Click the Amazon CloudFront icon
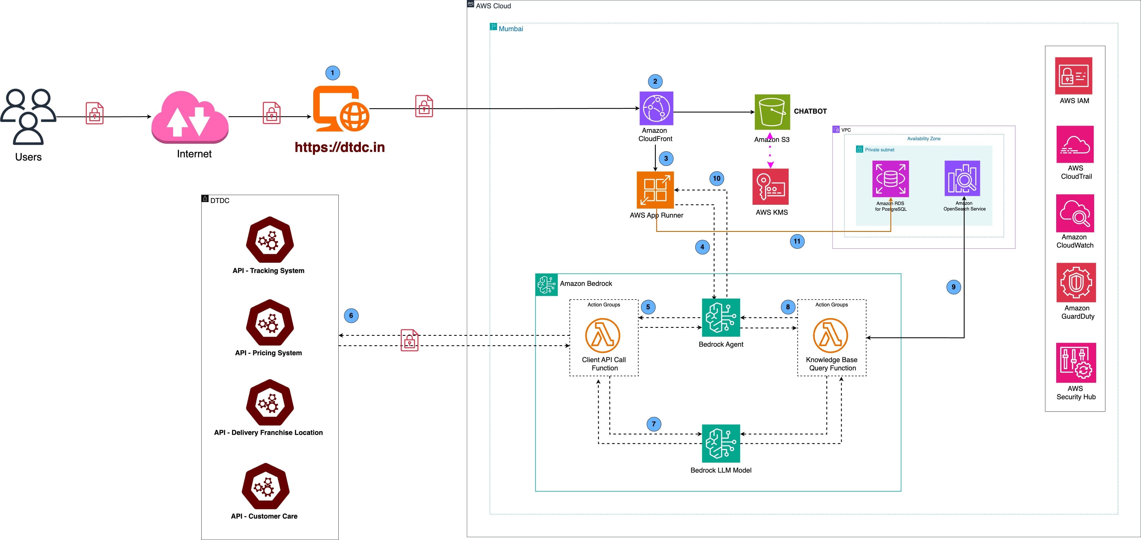pos(656,109)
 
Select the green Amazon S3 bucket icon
pos(772,112)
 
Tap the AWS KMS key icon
pos(770,186)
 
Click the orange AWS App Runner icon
pos(655,190)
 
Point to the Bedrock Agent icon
pos(721,318)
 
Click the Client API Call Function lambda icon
pos(602,335)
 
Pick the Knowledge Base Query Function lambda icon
pos(831,335)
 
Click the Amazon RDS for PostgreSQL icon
pos(890,179)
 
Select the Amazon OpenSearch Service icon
pos(962,178)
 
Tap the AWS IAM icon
pos(1073,76)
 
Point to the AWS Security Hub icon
pos(1076,363)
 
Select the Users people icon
pos(28,117)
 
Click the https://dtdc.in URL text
pos(340,147)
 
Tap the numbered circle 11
pos(797,241)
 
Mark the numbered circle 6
pos(351,316)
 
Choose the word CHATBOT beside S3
pos(810,111)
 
